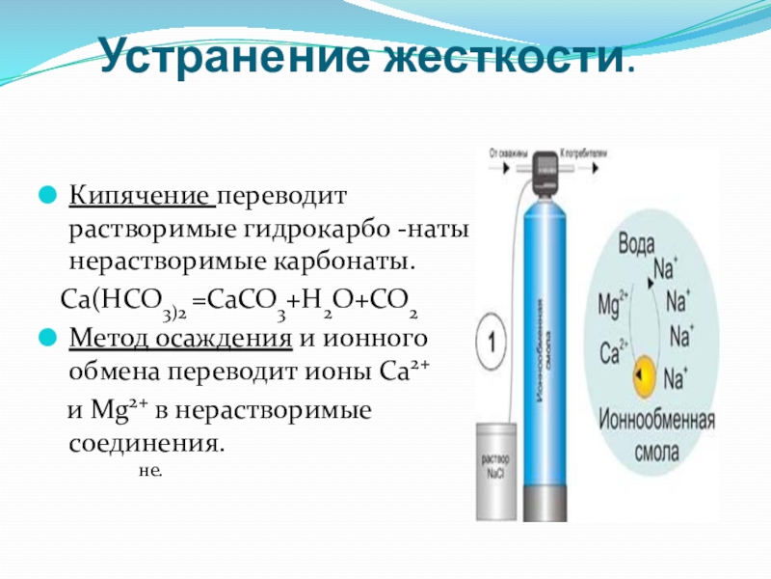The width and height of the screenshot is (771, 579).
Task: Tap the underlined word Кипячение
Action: pyautogui.click(x=140, y=198)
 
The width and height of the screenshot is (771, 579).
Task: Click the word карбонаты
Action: pyautogui.click(x=353, y=262)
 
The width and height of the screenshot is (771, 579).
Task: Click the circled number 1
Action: pyautogui.click(x=492, y=341)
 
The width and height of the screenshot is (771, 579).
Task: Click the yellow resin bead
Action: pyautogui.click(x=643, y=375)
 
